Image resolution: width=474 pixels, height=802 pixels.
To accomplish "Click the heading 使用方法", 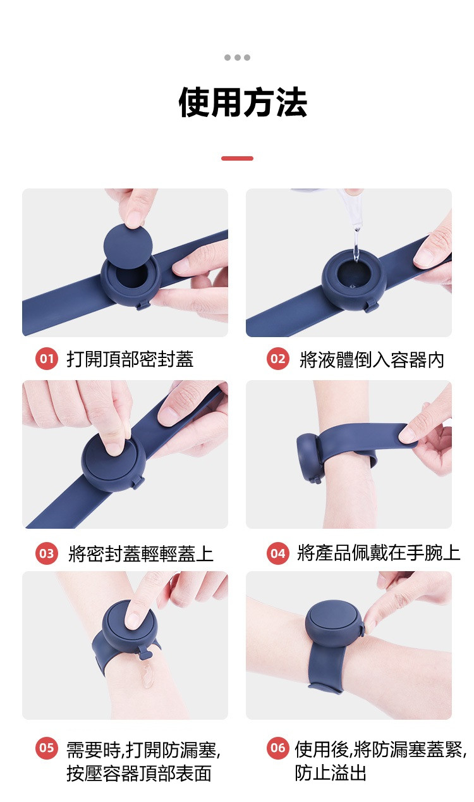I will [243, 103].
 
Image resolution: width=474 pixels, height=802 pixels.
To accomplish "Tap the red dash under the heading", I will [237, 158].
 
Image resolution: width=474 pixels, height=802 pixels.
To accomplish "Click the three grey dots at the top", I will [237, 58].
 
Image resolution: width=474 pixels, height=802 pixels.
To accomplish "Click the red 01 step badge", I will [47, 359].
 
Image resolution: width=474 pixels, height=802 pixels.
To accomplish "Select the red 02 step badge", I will [278, 359].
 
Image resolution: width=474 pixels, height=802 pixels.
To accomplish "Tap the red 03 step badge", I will [47, 554].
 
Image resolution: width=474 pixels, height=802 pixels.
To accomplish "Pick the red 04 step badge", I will [278, 554].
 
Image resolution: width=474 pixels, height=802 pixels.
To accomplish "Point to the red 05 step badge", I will [47, 749].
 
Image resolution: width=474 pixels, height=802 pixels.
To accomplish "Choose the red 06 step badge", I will [278, 749].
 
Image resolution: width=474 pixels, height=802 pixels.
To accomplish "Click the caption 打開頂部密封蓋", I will [130, 360].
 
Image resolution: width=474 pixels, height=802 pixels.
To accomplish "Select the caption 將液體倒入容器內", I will [372, 360].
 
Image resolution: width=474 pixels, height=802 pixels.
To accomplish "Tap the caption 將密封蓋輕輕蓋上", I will [140, 555].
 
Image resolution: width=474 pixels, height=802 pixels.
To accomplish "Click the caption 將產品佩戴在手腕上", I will [379, 554].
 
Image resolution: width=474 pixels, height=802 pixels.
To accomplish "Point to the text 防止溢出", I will [331, 773].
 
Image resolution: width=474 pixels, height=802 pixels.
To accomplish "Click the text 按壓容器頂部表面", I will [139, 773].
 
